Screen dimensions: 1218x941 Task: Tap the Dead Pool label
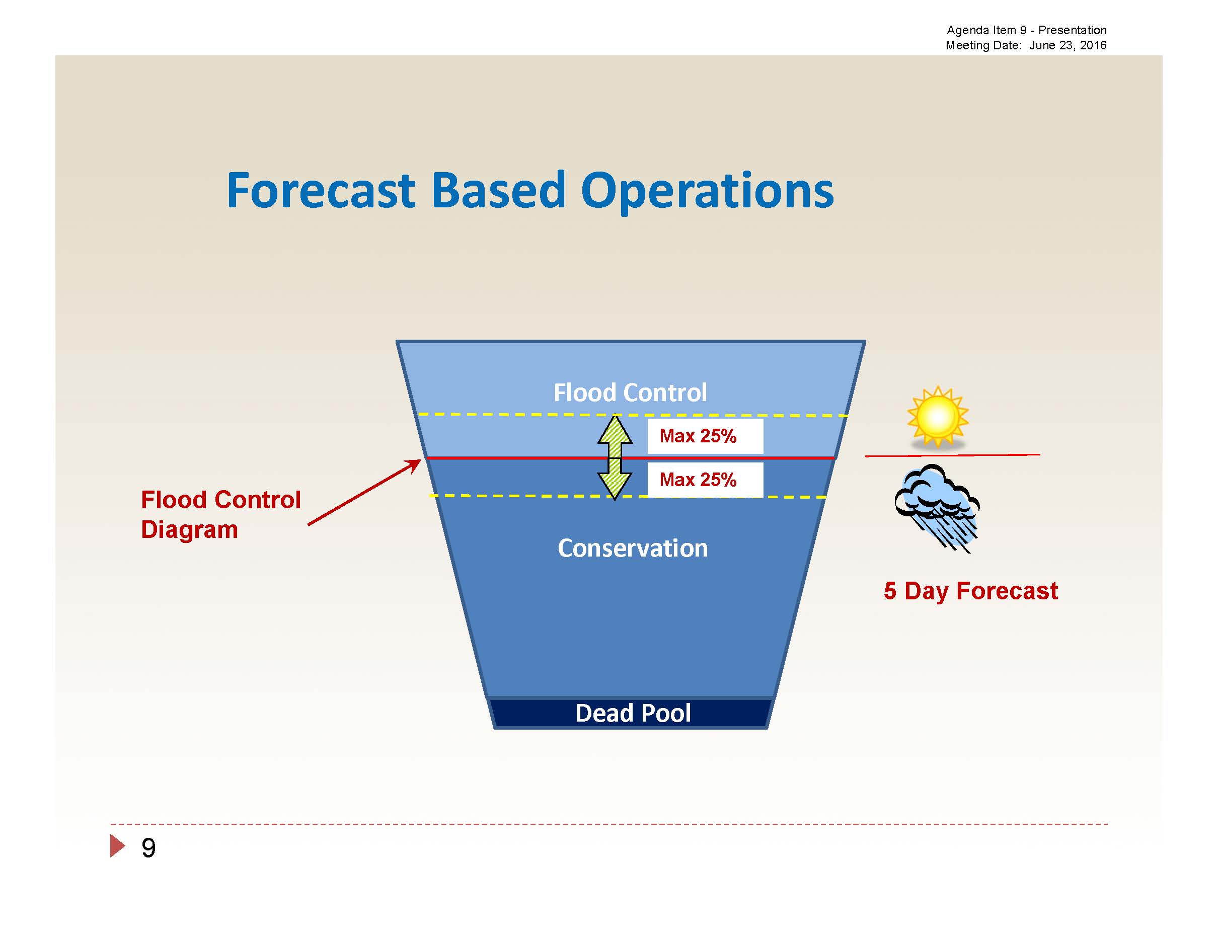[633, 713]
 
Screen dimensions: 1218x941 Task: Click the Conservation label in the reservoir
[633, 548]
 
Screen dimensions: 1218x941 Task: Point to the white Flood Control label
[630, 393]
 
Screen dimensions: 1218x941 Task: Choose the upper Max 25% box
[705, 436]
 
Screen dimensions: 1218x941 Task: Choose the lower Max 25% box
[705, 480]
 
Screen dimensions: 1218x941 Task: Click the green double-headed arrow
[615, 456]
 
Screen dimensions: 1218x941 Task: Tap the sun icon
[938, 417]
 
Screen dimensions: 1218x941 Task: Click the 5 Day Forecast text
[970, 591]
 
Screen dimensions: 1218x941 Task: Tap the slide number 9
[148, 848]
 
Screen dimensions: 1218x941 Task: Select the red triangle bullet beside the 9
[117, 846]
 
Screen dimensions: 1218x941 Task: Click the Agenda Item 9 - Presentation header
[1026, 30]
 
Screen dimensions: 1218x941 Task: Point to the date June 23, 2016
[1068, 45]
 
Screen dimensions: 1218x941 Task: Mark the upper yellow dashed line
[633, 415]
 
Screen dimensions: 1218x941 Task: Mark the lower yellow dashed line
[628, 496]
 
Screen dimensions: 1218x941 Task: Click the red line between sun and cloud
[953, 455]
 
